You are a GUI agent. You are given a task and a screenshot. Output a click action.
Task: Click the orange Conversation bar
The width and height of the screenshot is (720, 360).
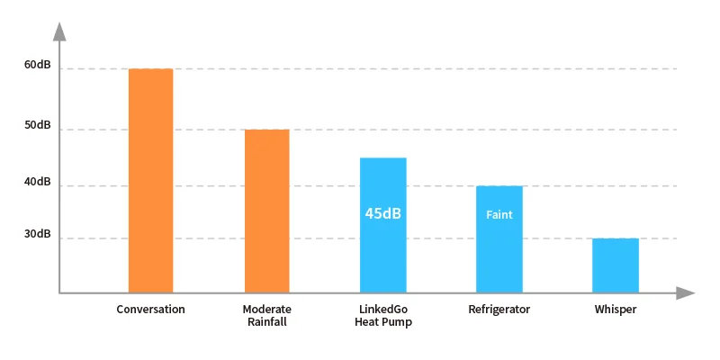pyautogui.click(x=150, y=180)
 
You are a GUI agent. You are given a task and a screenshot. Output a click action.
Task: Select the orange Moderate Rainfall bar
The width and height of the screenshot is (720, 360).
pyautogui.click(x=267, y=211)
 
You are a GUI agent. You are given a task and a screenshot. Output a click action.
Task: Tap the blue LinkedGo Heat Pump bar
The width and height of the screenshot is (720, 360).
pyautogui.click(x=383, y=252)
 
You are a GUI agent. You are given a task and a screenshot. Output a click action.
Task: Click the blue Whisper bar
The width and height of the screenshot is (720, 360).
pyautogui.click(x=616, y=265)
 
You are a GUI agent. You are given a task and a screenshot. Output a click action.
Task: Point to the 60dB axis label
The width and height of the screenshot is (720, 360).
pyautogui.click(x=38, y=66)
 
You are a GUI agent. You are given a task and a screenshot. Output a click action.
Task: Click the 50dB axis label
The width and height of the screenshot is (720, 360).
pyautogui.click(x=38, y=125)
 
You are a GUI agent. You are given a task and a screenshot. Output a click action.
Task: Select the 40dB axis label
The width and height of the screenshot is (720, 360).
pyautogui.click(x=38, y=183)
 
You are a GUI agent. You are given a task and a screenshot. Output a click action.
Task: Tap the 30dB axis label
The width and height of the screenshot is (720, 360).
pyautogui.click(x=38, y=235)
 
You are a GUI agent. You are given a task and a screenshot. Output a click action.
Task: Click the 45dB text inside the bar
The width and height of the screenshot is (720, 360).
pyautogui.click(x=383, y=214)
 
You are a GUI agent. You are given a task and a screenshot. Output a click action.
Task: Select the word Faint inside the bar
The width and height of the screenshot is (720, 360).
pyautogui.click(x=499, y=215)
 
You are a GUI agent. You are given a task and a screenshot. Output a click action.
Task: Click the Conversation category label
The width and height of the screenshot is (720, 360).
pyautogui.click(x=151, y=310)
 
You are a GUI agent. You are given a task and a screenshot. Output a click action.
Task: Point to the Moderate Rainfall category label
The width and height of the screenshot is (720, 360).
pyautogui.click(x=267, y=316)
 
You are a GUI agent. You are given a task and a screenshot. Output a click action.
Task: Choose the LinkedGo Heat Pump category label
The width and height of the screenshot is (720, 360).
pyautogui.click(x=383, y=316)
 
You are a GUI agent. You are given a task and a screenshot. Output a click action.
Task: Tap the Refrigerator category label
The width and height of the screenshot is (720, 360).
pyautogui.click(x=499, y=310)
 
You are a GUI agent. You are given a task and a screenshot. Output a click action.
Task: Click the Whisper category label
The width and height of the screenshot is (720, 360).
pyautogui.click(x=616, y=310)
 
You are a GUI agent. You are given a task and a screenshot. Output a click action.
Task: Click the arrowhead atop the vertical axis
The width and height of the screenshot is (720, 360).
pyautogui.click(x=59, y=32)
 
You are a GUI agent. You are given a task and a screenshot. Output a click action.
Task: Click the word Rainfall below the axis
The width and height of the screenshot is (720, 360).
pyautogui.click(x=267, y=322)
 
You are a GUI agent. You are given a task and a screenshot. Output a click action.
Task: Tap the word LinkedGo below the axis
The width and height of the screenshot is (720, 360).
pyautogui.click(x=383, y=310)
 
